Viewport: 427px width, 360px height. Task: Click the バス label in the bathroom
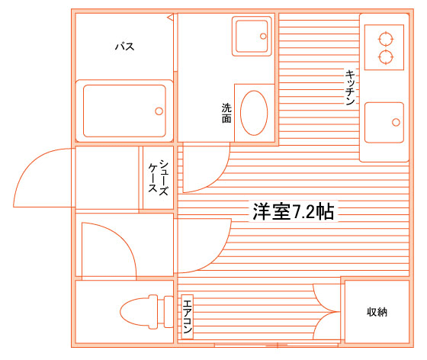click(x=125, y=47)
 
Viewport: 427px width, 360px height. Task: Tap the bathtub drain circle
click(x=159, y=111)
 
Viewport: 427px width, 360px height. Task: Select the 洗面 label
click(x=226, y=113)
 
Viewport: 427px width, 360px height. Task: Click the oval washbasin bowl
click(x=254, y=113)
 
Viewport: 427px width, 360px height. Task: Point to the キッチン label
click(x=350, y=88)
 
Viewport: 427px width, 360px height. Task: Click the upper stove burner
click(x=386, y=39)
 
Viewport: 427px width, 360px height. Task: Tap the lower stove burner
click(x=386, y=57)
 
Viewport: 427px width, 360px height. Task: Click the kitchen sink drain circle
click(x=396, y=122)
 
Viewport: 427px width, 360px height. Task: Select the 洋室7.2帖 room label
click(x=294, y=211)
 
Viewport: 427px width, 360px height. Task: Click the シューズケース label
click(x=159, y=178)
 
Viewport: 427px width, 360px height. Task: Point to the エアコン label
click(x=188, y=317)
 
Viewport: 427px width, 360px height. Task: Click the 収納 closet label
click(x=377, y=312)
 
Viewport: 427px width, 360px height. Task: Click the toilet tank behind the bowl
click(x=169, y=312)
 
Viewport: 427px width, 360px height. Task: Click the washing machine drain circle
click(x=263, y=36)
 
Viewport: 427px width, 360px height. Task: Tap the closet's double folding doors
click(x=327, y=311)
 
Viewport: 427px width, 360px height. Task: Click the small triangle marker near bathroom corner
click(x=170, y=18)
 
